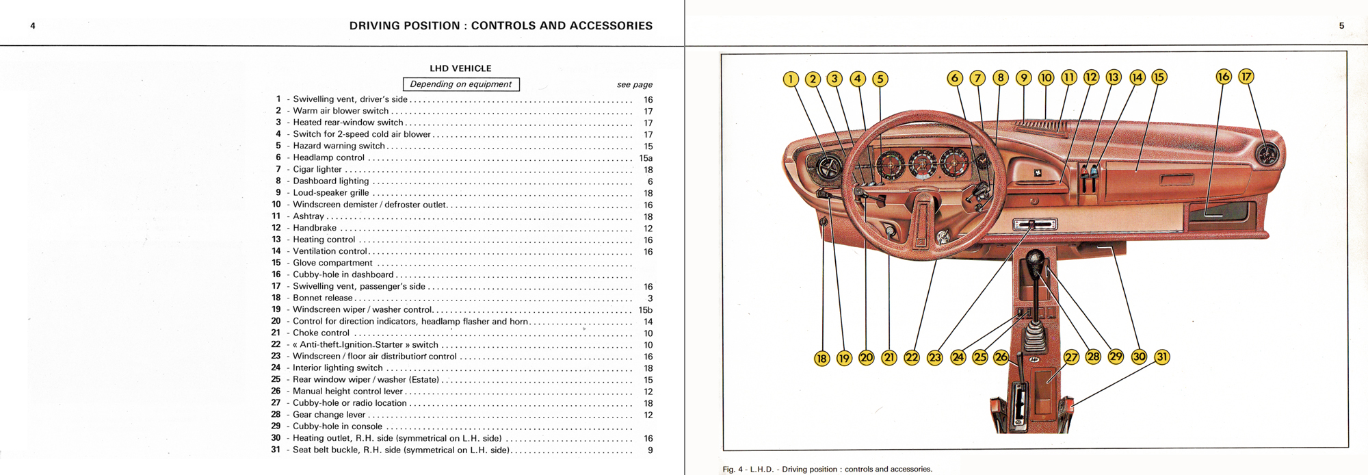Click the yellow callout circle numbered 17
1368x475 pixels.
coord(1246,77)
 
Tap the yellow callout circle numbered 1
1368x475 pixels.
coord(791,79)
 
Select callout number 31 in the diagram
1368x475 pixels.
coord(1161,357)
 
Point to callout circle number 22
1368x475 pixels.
coord(912,357)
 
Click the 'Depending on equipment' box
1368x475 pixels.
coord(461,84)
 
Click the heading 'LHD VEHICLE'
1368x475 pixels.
coord(460,68)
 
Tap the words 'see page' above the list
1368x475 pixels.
coord(634,85)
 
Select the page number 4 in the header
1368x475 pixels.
coord(33,26)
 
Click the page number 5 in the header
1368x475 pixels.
coord(1341,26)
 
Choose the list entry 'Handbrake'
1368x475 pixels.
coord(315,228)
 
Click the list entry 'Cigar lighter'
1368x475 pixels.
coord(317,169)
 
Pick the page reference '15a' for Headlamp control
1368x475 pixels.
coord(646,158)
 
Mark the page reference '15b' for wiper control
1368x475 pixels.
coord(646,310)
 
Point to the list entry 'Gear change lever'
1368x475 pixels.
coord(329,415)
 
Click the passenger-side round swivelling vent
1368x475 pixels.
coord(1267,155)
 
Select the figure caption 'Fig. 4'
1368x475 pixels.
coord(827,470)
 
